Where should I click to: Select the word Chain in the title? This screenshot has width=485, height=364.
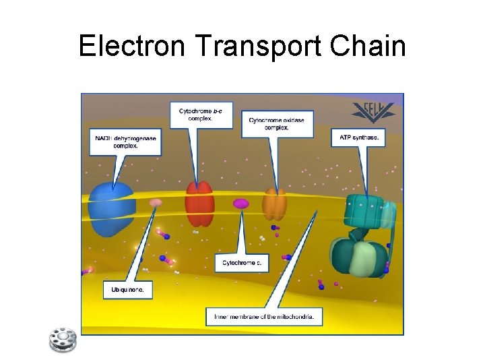tap(371, 47)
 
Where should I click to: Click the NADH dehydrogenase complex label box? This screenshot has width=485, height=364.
tap(126, 142)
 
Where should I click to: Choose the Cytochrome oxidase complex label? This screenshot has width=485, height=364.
tap(268, 123)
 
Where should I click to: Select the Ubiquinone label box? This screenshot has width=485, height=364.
tap(127, 291)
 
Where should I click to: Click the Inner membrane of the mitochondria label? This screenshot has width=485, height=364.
tap(263, 315)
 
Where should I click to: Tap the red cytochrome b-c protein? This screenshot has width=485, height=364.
tap(199, 204)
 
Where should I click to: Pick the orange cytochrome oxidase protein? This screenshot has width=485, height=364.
tap(274, 204)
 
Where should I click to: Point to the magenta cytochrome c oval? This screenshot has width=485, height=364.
tap(240, 203)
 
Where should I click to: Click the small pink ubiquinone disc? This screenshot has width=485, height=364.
tap(156, 202)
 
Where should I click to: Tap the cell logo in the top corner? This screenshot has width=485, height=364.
tap(372, 113)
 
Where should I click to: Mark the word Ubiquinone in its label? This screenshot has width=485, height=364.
tap(127, 291)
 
